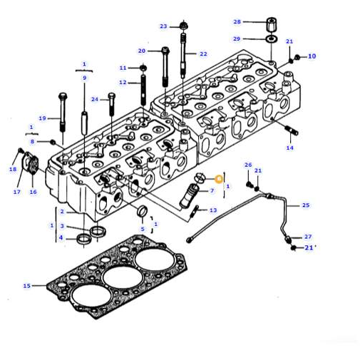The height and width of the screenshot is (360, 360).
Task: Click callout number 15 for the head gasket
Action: (26, 286)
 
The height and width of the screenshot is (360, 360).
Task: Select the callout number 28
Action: (237, 21)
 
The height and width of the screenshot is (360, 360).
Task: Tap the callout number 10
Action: (312, 56)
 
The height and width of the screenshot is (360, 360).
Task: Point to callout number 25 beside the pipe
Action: (306, 205)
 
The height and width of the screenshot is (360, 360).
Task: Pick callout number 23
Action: (163, 26)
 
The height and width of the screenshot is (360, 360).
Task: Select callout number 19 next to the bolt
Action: (42, 118)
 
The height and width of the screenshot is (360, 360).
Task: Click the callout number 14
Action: (289, 148)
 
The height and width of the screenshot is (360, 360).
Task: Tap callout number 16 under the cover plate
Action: (33, 192)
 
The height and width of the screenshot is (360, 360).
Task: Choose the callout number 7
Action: (212, 191)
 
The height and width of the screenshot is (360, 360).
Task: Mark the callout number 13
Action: (213, 210)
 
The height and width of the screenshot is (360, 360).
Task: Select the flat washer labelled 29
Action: (272, 38)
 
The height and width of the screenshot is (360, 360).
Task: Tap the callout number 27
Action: (308, 236)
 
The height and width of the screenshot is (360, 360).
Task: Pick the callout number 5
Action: (142, 229)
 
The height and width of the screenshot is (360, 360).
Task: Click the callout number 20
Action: (142, 51)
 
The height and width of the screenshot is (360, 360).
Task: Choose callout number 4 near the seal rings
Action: (61, 237)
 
